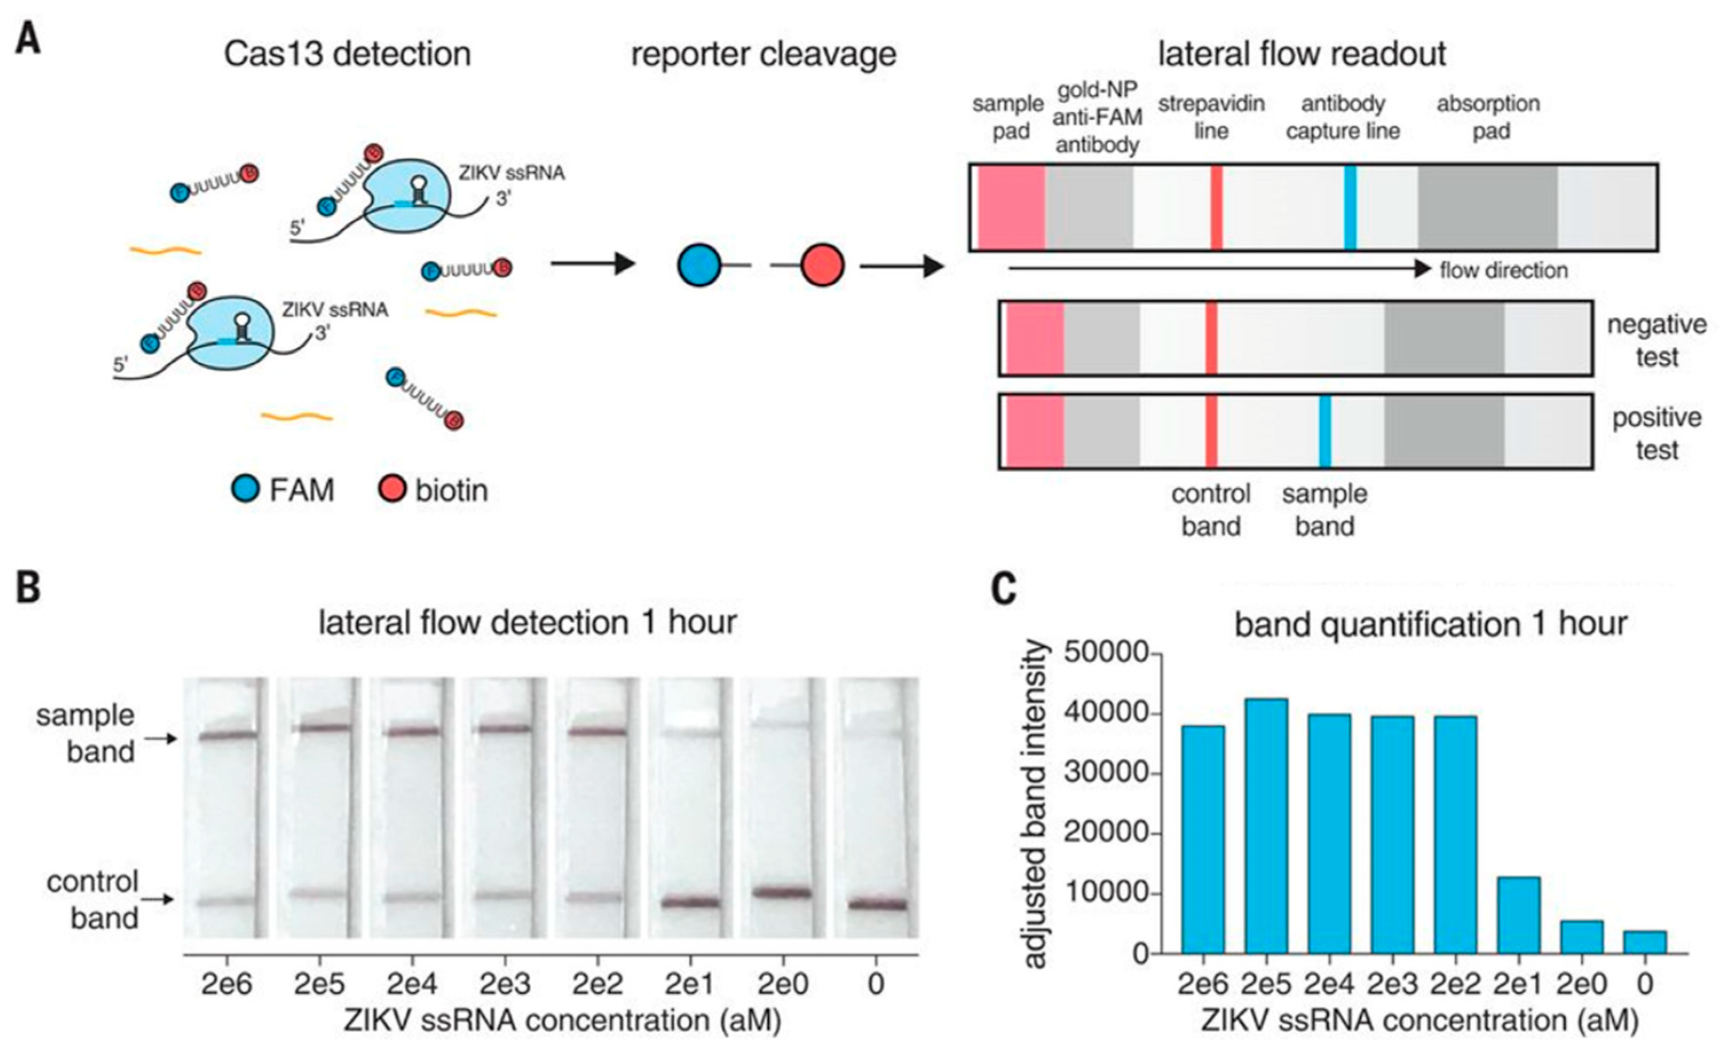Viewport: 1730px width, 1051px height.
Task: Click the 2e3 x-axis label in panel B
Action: (504, 984)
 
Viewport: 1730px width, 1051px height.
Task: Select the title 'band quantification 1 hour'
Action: (1430, 623)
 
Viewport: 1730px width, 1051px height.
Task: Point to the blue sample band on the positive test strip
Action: (1324, 432)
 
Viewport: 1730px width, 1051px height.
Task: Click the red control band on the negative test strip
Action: (1211, 338)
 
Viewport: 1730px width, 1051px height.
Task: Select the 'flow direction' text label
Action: (1503, 270)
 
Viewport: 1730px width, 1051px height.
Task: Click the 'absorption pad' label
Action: (1488, 117)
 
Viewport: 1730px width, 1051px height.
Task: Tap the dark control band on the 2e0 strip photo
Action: (781, 893)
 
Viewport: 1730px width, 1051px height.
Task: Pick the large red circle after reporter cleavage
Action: (821, 266)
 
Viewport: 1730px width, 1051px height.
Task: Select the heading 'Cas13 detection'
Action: (347, 54)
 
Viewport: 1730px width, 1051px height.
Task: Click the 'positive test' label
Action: (1656, 433)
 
